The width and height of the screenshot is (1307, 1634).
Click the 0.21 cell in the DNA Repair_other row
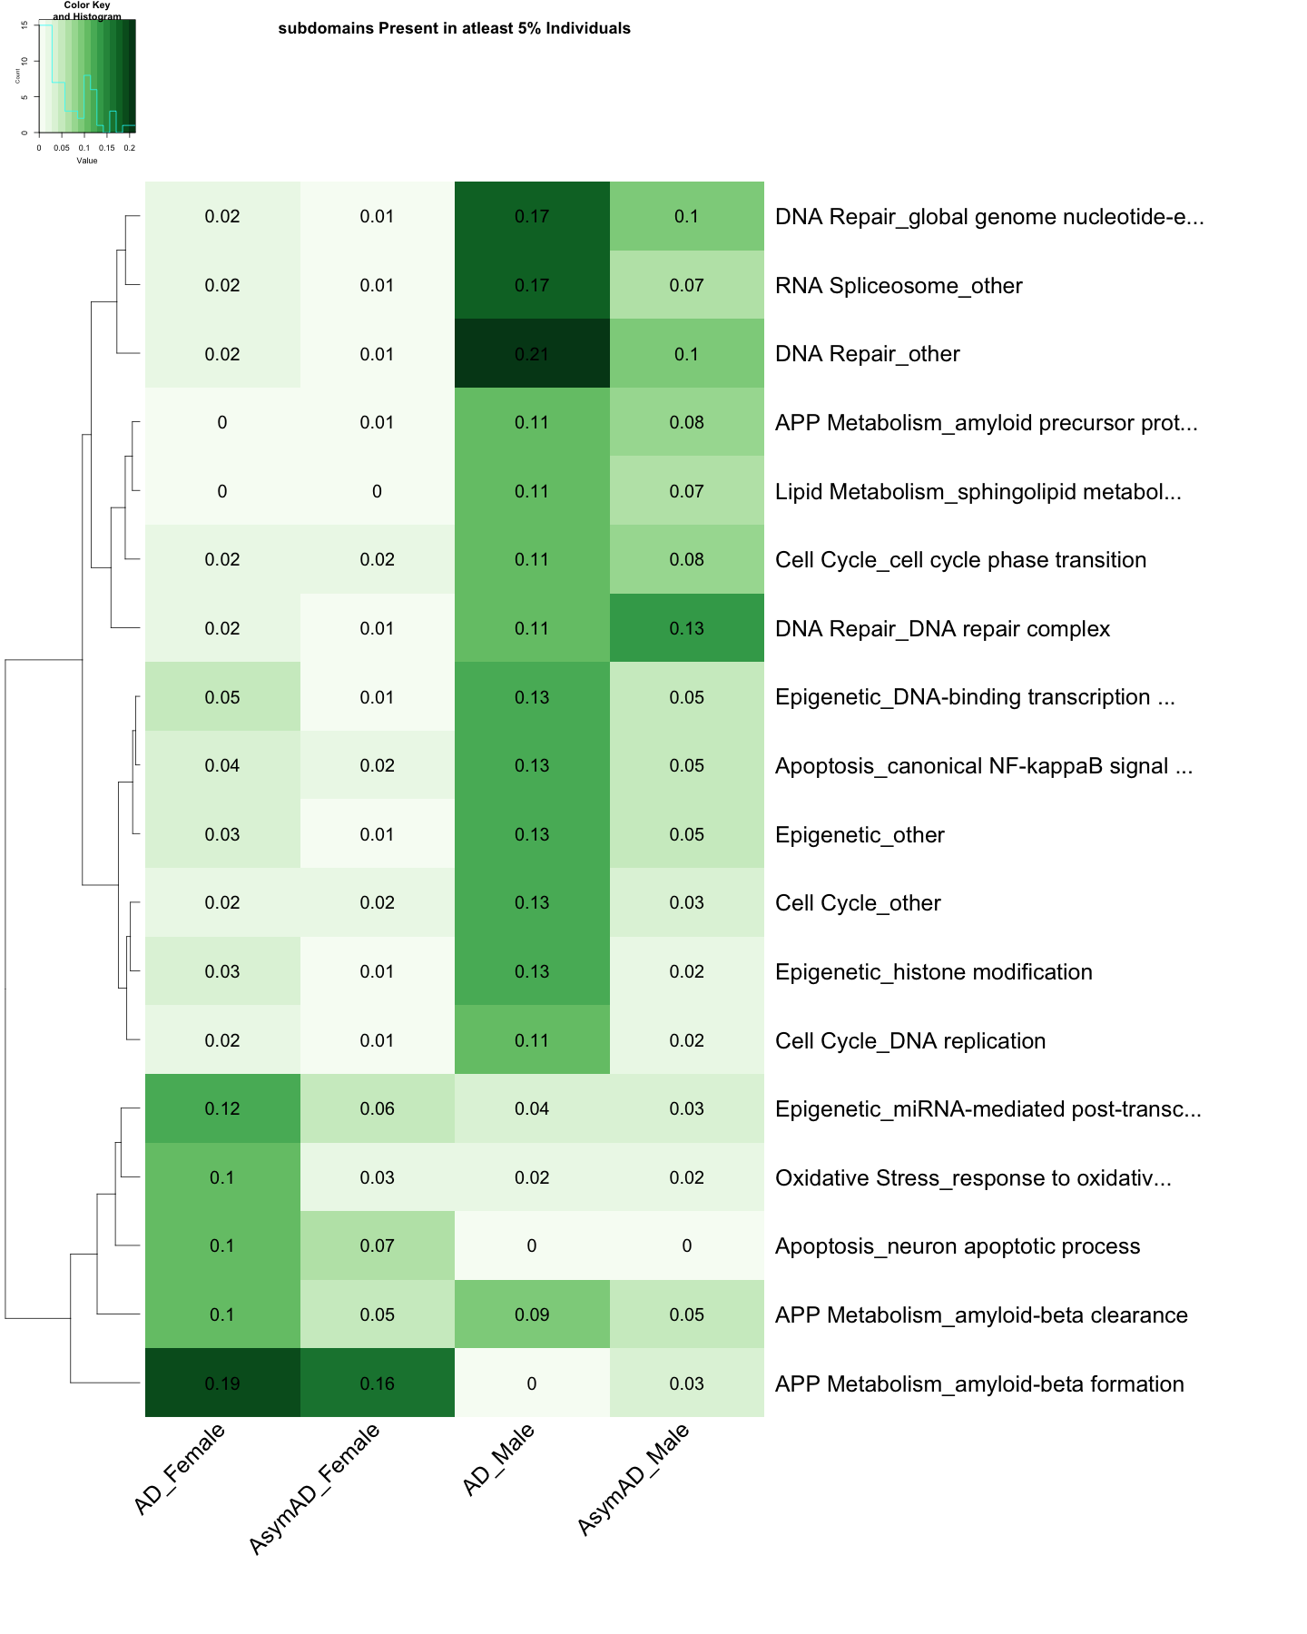coord(532,354)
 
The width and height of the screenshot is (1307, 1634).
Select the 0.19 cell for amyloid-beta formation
coord(222,1383)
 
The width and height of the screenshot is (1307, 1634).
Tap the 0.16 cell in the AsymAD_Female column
coord(377,1383)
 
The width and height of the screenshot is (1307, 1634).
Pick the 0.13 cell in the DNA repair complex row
coord(686,628)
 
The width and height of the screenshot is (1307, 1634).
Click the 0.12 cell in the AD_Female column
coord(222,1108)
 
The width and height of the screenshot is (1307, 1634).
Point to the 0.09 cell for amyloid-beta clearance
coord(532,1314)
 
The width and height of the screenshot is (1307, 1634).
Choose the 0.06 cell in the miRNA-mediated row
coord(377,1108)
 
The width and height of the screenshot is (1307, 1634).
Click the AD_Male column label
coord(498,1461)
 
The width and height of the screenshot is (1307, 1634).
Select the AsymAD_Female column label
coord(314,1490)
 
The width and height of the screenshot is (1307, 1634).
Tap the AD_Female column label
coord(179,1470)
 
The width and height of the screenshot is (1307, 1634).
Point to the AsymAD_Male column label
coord(634,1481)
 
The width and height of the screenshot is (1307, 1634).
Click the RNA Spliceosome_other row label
coord(899,286)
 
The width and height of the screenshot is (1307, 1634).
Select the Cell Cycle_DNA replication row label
coord(910,1041)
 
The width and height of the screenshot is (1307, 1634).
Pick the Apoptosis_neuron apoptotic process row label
coord(958,1246)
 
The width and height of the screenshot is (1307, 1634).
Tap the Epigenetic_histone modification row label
coord(934,972)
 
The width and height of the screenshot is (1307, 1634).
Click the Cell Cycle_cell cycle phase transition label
coord(960,560)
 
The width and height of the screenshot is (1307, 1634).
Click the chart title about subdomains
coord(454,28)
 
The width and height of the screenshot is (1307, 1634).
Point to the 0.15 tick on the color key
coord(107,148)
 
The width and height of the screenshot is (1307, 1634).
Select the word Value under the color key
coord(87,161)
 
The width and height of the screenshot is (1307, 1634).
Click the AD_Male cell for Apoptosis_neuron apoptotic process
coord(532,1245)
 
